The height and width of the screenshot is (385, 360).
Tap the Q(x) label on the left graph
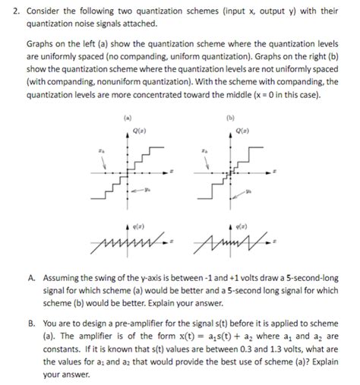[x=140, y=134]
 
